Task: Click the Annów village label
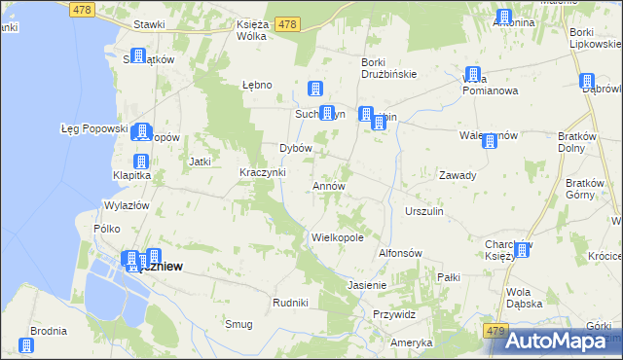point(329,185)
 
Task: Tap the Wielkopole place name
point(338,236)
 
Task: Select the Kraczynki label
point(262,172)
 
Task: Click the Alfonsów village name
point(399,253)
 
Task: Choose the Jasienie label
point(367,285)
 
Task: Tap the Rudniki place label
point(291,303)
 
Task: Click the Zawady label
point(457,176)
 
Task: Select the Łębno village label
point(256,85)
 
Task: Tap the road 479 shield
point(496,332)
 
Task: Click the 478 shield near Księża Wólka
point(286,23)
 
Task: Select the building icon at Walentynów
point(489,141)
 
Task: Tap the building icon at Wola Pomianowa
point(473,75)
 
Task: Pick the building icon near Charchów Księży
point(523,250)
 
